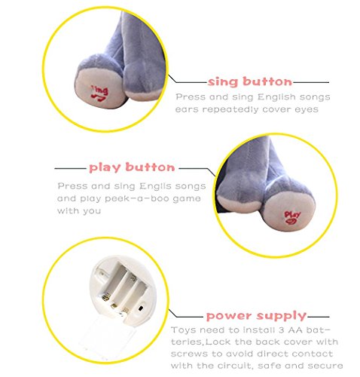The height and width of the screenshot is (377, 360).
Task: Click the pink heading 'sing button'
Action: coord(250,82)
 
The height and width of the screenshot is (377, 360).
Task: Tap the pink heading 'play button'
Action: coord(132,167)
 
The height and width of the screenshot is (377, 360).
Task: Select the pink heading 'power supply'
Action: coord(256,316)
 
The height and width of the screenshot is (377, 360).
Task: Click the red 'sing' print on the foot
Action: coord(99,93)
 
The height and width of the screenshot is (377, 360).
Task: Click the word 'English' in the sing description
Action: coord(276,97)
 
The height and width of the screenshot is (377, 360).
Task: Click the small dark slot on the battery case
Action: coord(141,308)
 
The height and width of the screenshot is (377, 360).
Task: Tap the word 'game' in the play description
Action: coord(188,199)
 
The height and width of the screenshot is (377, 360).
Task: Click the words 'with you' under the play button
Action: coord(79,211)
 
